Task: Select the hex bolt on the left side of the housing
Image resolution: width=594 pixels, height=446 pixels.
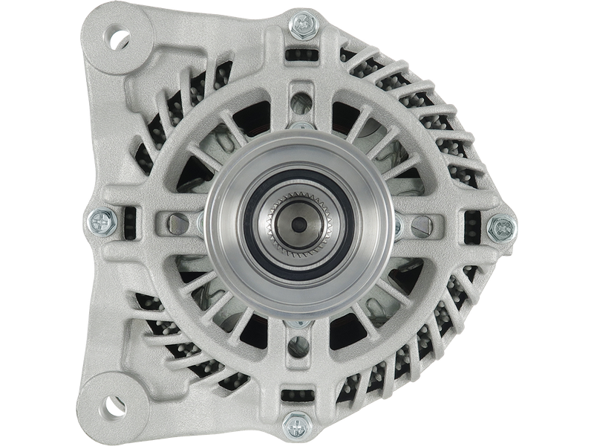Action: [x=99, y=222]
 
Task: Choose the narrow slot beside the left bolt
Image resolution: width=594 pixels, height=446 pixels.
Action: [x=131, y=222]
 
